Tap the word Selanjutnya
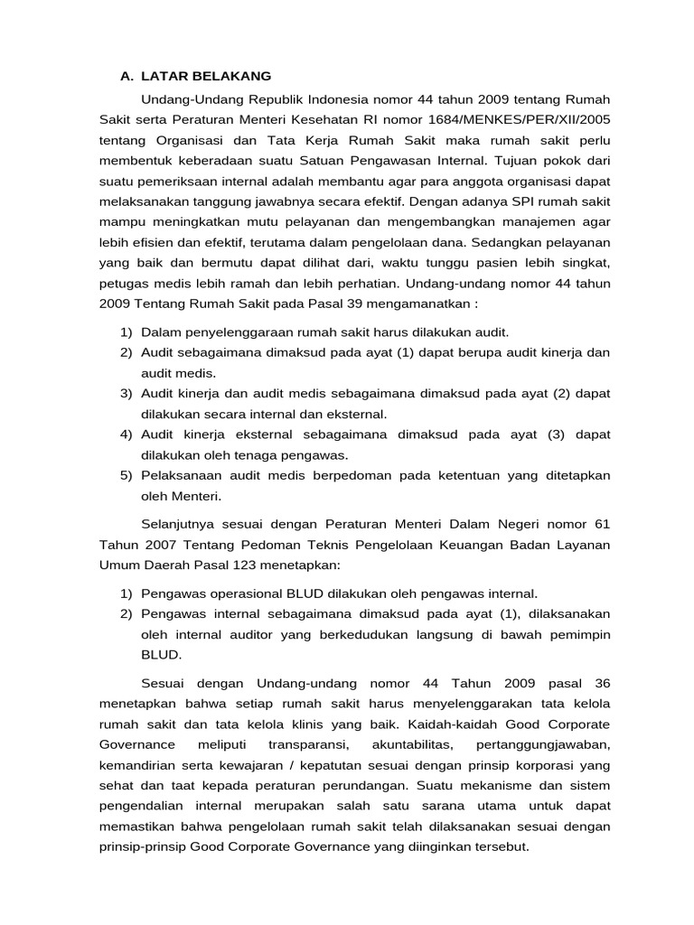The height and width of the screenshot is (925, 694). coord(184,523)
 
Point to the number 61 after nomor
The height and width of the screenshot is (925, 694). coord(601,523)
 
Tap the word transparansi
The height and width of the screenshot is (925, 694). coord(308,744)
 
